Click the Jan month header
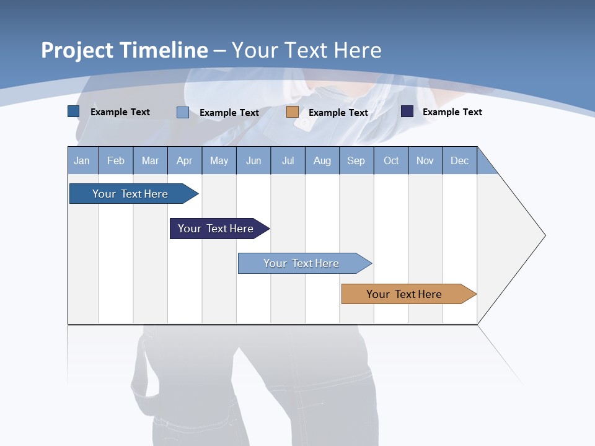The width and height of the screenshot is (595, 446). click(82, 160)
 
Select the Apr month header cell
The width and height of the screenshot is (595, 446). click(185, 160)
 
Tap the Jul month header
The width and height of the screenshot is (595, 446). click(288, 160)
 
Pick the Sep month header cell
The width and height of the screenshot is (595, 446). click(356, 160)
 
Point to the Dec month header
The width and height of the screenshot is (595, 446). click(460, 160)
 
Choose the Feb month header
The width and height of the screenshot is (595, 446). click(116, 160)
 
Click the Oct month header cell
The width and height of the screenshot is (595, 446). click(391, 160)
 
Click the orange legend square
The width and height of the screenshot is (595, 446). click(293, 112)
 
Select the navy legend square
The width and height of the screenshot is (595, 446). click(407, 111)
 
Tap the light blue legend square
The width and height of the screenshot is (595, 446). click(183, 112)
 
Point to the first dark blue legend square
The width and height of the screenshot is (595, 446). click(74, 111)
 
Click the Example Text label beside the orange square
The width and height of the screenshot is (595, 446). click(338, 113)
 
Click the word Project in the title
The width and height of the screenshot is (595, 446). click(78, 50)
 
